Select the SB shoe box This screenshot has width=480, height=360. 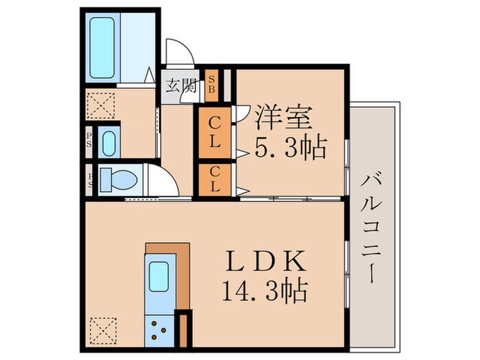pyautogui.click(x=213, y=84)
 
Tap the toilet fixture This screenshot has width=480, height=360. pyautogui.click(x=118, y=180)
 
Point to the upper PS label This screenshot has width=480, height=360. pyautogui.click(x=90, y=141)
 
